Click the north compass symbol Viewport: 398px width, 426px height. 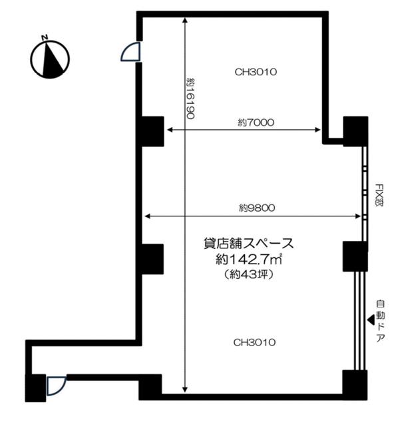pos(50,59)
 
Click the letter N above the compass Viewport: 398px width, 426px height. pos(45,37)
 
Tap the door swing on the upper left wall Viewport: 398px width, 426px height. pos(130,52)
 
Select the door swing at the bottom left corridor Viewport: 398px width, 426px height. pos(56,385)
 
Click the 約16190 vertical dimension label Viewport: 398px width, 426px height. pos(191,99)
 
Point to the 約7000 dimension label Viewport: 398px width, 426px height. pos(256,122)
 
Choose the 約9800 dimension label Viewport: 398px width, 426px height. pos(257,208)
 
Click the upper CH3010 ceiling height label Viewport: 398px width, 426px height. pos(256,72)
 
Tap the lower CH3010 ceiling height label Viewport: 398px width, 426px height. pos(254,342)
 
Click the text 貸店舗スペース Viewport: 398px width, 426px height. pos(249,244)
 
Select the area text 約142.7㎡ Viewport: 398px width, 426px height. pos(249,260)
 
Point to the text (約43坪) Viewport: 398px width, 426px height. pos(249,275)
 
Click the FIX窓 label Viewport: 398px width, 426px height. pos(379,195)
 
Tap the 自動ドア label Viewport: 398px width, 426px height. pos(381,321)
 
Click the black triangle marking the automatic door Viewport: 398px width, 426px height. pos(371,320)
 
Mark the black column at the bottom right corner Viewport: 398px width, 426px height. pos(355,385)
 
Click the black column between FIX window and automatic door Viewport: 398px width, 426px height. pos(355,256)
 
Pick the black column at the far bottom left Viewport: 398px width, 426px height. pos(35,388)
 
